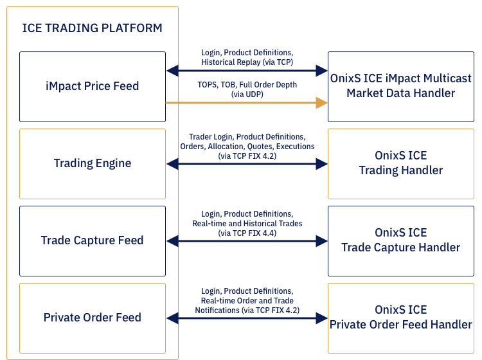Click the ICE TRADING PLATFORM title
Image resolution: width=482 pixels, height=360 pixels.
(x=92, y=28)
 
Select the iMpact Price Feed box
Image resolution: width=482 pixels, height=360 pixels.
(x=92, y=86)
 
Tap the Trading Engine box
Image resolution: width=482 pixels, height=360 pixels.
(x=92, y=163)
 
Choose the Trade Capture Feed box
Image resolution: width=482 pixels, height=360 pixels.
(x=92, y=240)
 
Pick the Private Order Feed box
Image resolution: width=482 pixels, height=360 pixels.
(x=92, y=318)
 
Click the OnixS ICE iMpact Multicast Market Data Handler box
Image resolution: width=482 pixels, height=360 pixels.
(x=401, y=86)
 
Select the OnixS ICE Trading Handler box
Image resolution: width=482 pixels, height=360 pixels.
(x=401, y=163)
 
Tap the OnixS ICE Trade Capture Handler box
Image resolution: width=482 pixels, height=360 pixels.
(x=401, y=240)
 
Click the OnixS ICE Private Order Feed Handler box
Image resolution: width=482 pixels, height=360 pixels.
(x=401, y=318)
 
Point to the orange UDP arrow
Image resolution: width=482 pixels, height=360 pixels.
(x=244, y=102)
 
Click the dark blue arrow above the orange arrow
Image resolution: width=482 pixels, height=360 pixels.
(x=247, y=70)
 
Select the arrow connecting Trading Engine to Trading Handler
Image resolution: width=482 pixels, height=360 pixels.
(x=247, y=164)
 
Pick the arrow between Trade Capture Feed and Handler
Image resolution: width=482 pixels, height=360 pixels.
(x=247, y=241)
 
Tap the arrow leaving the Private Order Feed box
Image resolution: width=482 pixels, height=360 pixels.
(x=247, y=318)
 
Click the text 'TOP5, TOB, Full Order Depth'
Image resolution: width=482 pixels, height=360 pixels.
(x=247, y=85)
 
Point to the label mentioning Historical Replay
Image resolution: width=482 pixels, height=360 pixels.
(x=247, y=58)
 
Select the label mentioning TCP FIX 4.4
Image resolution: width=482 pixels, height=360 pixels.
(x=247, y=223)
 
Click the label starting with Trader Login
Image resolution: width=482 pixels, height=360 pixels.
(x=247, y=147)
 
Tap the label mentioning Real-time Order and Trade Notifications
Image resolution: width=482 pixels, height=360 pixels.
(x=247, y=301)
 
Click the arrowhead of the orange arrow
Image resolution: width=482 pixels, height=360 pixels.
(x=321, y=102)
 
